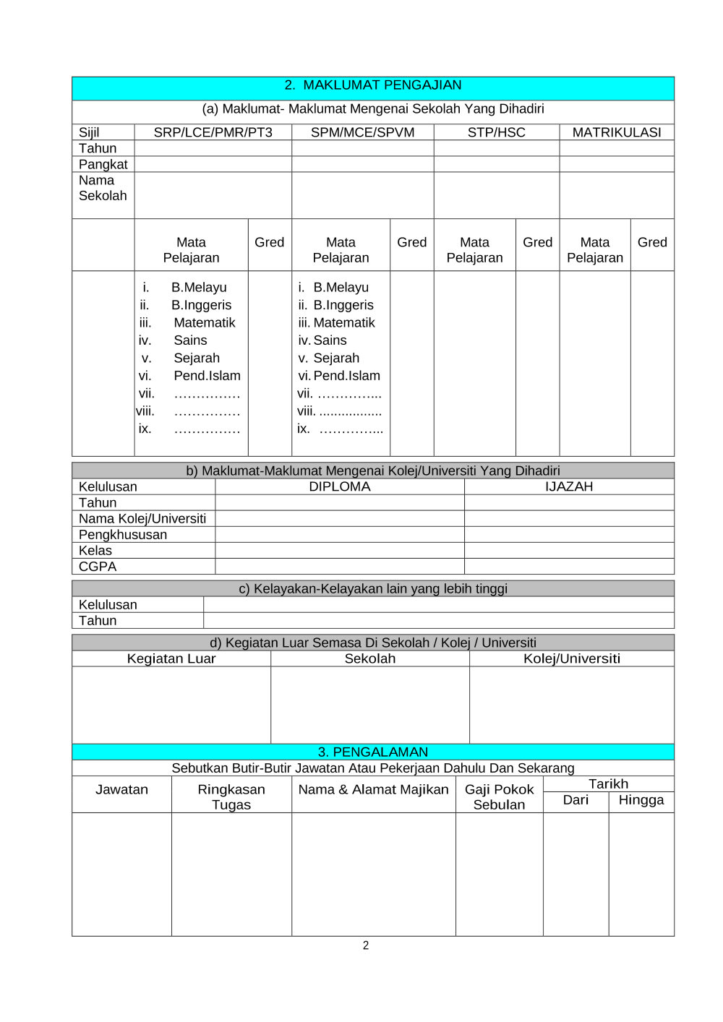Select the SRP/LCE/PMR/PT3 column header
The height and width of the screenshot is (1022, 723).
(213, 132)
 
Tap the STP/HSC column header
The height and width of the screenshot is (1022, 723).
(496, 132)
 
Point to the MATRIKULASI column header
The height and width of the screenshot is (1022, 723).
(616, 132)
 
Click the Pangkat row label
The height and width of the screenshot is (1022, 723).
(103, 164)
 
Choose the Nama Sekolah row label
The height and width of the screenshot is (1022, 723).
(103, 188)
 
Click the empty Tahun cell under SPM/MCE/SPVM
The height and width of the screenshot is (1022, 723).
(362, 149)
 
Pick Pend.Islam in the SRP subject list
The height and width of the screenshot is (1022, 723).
(207, 376)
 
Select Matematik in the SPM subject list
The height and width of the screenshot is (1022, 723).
(344, 322)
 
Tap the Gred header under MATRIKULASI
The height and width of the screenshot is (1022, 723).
(651, 243)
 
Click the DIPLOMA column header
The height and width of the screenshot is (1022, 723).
(340, 487)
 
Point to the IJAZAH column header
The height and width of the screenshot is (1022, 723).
(568, 487)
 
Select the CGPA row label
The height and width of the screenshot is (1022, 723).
(98, 567)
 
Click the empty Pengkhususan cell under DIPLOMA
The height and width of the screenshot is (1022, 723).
(340, 535)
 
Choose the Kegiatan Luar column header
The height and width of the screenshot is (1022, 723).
(171, 658)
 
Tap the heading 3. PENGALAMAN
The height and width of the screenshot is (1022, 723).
(373, 752)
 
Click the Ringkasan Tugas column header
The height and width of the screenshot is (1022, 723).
(231, 797)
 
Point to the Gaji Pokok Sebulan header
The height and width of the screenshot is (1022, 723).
(499, 797)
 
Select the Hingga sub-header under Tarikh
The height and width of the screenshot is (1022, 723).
(641, 800)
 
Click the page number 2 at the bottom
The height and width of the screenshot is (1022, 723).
(366, 945)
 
